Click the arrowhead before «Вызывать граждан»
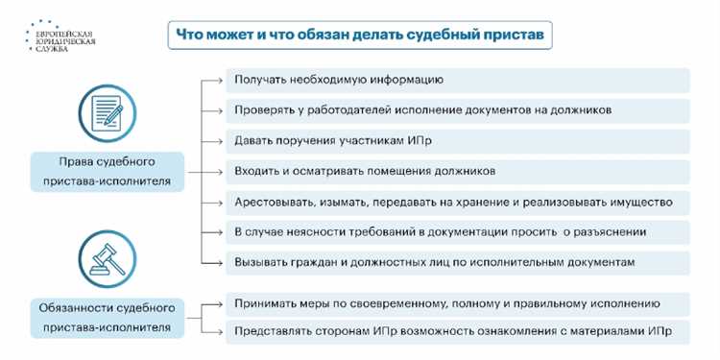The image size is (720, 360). click(x=219, y=263)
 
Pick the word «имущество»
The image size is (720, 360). click(x=642, y=202)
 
